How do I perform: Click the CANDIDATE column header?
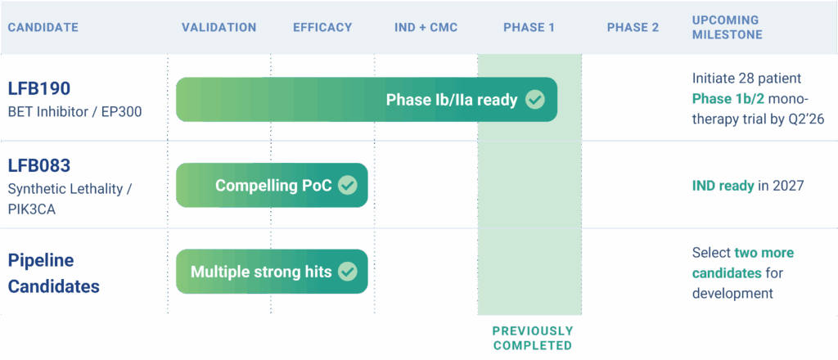[x=43, y=28]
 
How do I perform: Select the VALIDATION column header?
[x=219, y=28]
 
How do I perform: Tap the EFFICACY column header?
[x=322, y=28]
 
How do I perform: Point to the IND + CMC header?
[x=426, y=28]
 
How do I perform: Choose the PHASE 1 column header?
[x=529, y=28]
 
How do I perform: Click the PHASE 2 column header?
[x=633, y=28]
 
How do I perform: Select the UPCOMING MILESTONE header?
[x=728, y=27]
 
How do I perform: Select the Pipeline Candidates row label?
[x=54, y=273]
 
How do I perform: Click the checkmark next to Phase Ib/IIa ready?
[x=534, y=100]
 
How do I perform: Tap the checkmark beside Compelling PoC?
[x=348, y=185]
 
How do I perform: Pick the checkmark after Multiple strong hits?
[x=348, y=272]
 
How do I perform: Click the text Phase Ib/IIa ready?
[x=452, y=100]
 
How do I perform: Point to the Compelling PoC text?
[x=273, y=186]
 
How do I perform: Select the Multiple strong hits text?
[x=261, y=272]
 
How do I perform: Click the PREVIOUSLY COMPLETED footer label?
[x=532, y=338]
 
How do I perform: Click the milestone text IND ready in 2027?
[x=747, y=186]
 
